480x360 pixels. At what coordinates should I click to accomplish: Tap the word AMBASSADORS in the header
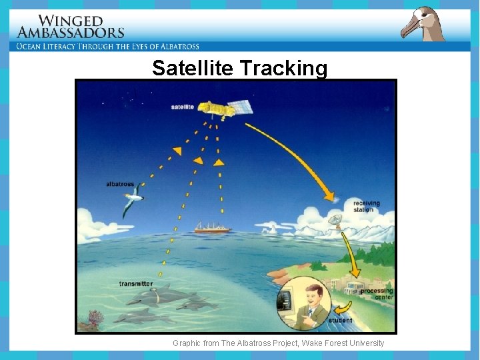pyautogui.click(x=71, y=33)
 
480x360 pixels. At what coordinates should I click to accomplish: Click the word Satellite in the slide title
pyautogui.click(x=192, y=69)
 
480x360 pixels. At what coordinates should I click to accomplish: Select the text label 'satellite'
pyautogui.click(x=182, y=107)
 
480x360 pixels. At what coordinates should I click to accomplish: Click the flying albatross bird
pyautogui.click(x=133, y=200)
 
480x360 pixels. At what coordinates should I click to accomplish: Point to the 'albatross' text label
pyautogui.click(x=120, y=184)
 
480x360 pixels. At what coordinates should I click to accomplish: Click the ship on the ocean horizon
pyautogui.click(x=213, y=228)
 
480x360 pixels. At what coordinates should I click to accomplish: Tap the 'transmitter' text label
pyautogui.click(x=135, y=284)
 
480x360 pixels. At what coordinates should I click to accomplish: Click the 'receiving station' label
pyautogui.click(x=367, y=206)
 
